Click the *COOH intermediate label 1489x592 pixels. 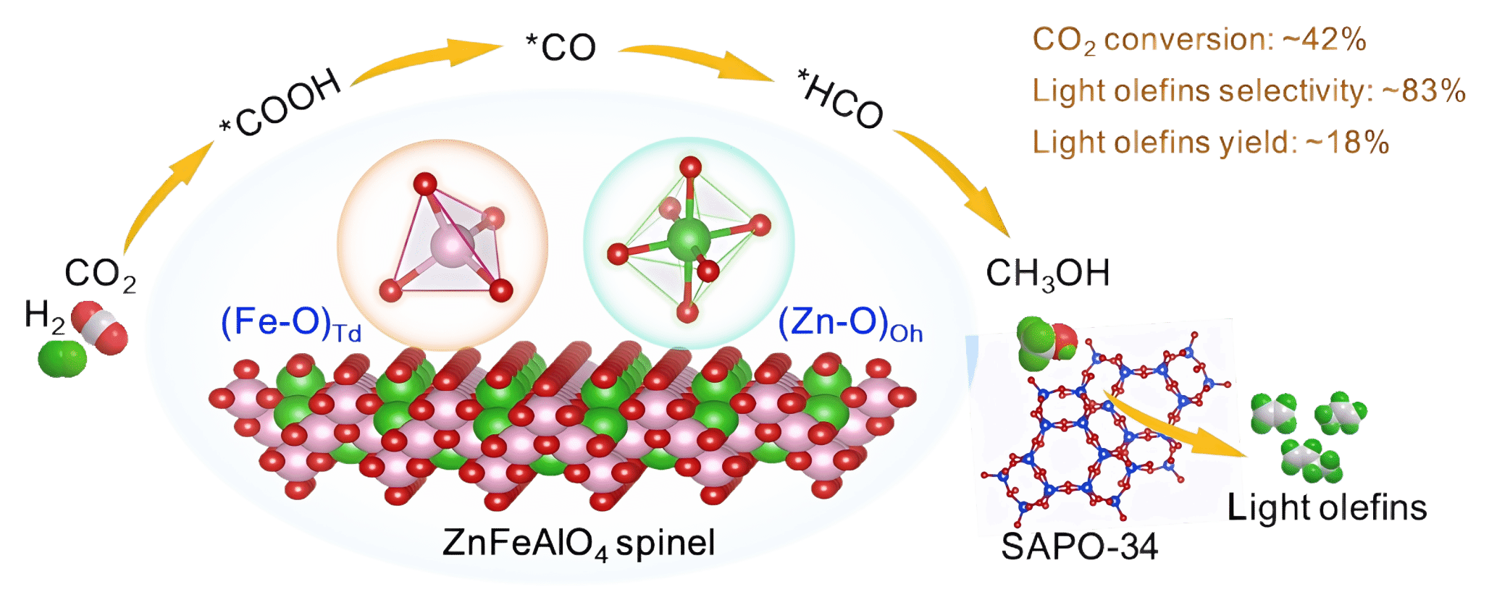pyautogui.click(x=281, y=102)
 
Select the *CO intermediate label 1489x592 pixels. pyautogui.click(x=561, y=47)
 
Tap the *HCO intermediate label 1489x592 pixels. pyautogui.click(x=840, y=98)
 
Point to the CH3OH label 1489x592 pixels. pyautogui.click(x=1047, y=274)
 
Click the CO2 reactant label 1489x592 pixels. pyautogui.click(x=101, y=274)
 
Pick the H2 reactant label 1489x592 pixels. pyautogui.click(x=43, y=316)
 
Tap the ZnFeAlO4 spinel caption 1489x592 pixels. pyautogui.click(x=578, y=543)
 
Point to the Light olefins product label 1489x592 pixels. pyautogui.click(x=1327, y=507)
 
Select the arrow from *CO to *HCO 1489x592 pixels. pyautogui.click(x=695, y=59)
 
